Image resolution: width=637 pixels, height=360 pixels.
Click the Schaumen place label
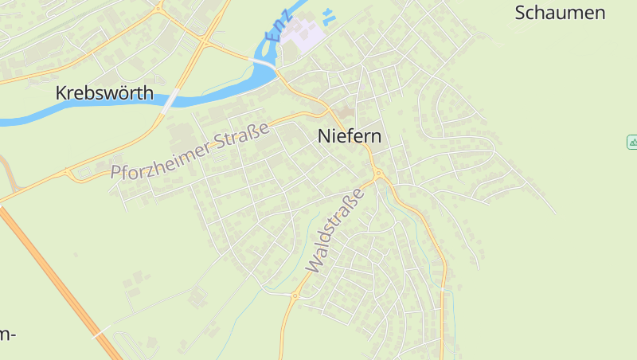coord(560,13)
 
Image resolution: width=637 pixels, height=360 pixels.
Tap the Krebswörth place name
coord(104,93)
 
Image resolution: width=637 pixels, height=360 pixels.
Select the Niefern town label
coord(350,136)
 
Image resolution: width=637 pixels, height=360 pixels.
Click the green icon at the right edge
coord(632,142)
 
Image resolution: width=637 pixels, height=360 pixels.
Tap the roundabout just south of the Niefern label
coord(377,174)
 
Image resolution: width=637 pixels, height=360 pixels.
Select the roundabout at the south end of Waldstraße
coord(295,296)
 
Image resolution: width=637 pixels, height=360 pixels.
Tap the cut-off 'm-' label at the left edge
coord(7,334)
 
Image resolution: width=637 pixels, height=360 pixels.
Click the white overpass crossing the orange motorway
coord(99,334)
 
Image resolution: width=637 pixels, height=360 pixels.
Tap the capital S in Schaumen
coord(522,13)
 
